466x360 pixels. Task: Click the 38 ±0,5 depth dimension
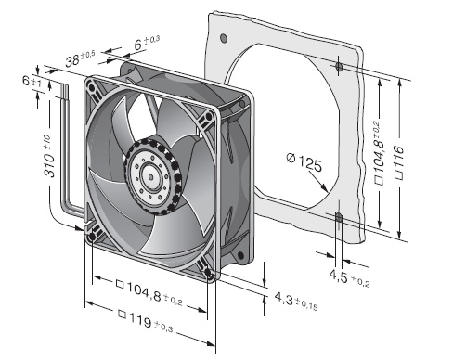coord(80,58)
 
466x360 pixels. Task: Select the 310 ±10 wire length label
coord(49,156)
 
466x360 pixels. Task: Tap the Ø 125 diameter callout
coord(304,161)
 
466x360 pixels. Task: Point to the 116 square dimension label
coord(399,161)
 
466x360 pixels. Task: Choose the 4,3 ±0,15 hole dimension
coord(296,302)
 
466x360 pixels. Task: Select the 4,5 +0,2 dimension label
coord(349,277)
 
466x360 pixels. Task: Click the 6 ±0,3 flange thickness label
coord(147,43)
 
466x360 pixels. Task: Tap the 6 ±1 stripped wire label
coord(32,82)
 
